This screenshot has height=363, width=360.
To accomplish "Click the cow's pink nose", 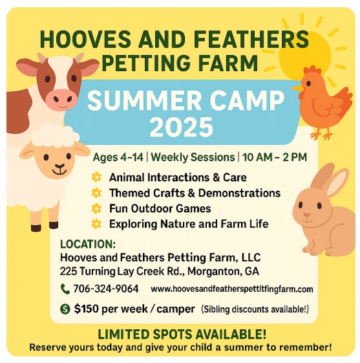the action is pyautogui.click(x=61, y=98).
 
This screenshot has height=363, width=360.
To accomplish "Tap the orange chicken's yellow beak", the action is pyautogui.click(x=297, y=87).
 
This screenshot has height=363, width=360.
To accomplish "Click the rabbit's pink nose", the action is pyautogui.click(x=306, y=215).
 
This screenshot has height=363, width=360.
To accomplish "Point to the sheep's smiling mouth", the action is pyautogui.click(x=59, y=170).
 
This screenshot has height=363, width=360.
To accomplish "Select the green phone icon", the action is pyautogui.click(x=65, y=289).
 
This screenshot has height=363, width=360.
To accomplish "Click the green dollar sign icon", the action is pyautogui.click(x=65, y=309).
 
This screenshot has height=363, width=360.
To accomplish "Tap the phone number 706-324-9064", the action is pyautogui.click(x=106, y=289).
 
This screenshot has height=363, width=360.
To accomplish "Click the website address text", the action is pyautogui.click(x=232, y=289).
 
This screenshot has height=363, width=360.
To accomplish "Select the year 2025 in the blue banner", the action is pyautogui.click(x=181, y=127).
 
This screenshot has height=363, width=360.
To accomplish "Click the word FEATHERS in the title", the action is pyautogui.click(x=251, y=39).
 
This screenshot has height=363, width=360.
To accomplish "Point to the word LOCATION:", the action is pyautogui.click(x=88, y=244).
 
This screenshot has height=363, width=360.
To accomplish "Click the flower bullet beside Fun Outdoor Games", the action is pyautogui.click(x=96, y=208).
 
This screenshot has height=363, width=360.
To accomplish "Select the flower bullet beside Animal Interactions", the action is pyautogui.click(x=96, y=177).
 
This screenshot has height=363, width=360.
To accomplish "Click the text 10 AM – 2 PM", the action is pyautogui.click(x=275, y=157).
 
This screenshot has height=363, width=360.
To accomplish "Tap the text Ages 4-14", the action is pyautogui.click(x=118, y=157).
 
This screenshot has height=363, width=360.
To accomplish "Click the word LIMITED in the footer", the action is pyautogui.click(x=123, y=335).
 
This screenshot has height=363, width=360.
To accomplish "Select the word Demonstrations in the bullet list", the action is pyautogui.click(x=240, y=193).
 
